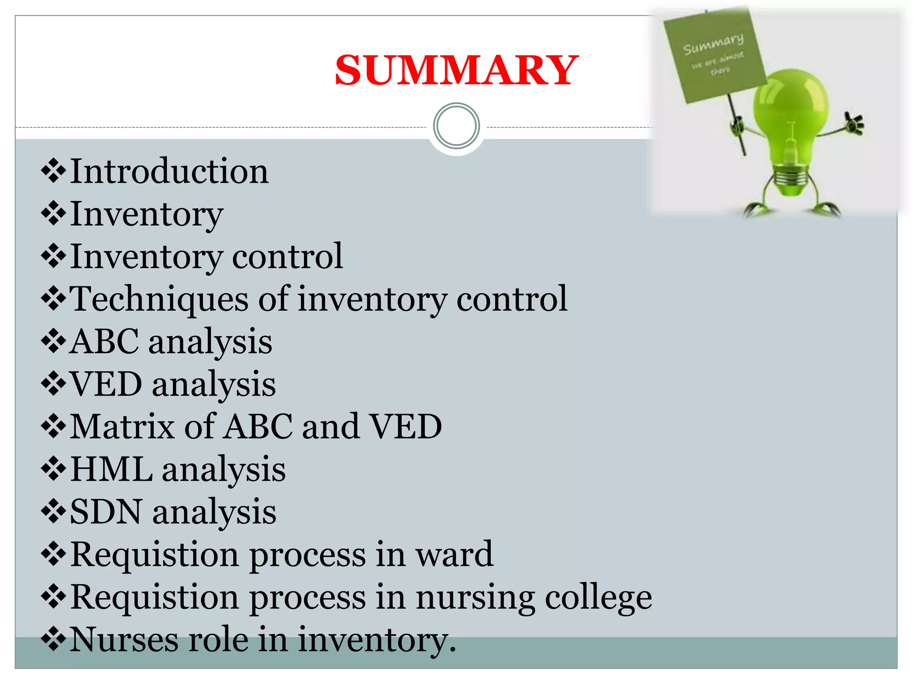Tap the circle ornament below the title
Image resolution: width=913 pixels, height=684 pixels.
pos(456,126)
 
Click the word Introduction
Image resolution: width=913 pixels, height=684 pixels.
pos(169,171)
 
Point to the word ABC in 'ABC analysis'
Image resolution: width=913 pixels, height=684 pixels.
pos(104,342)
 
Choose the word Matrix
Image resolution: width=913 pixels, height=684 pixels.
pos(122,427)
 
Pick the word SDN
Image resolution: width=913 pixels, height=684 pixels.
pos(106,512)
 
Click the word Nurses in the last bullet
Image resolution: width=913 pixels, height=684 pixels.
pos(124,639)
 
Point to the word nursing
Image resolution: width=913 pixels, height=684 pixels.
pos(475,598)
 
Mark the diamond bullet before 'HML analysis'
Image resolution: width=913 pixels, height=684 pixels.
pos(53,469)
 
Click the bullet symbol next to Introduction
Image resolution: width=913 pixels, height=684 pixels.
pos(53,171)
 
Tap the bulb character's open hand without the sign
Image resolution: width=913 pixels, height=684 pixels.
pos(854,123)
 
